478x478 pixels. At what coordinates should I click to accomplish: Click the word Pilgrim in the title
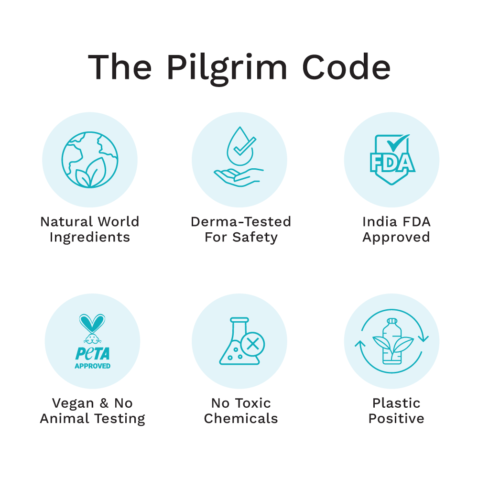point(227,69)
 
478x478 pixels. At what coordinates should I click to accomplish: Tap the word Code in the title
point(346,67)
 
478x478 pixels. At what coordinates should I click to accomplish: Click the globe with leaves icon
point(90,160)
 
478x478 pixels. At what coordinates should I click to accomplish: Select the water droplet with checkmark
point(241,146)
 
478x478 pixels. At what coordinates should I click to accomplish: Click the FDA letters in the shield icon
point(392,163)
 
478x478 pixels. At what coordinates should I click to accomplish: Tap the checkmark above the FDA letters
point(398,142)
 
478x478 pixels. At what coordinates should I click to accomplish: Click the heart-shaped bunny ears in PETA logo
point(92,324)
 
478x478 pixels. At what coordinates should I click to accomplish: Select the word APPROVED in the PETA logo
point(92,366)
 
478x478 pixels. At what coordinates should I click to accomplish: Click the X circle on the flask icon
point(252,345)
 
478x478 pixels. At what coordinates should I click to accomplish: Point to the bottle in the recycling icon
point(392,341)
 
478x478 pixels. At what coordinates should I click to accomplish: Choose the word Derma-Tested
point(241,222)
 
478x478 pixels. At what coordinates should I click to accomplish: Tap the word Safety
point(255,238)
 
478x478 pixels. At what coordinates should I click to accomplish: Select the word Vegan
point(73,403)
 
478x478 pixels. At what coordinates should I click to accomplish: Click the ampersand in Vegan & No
point(104,403)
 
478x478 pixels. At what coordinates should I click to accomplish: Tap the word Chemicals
point(241,419)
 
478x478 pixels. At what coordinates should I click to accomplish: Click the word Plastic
point(396,403)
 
